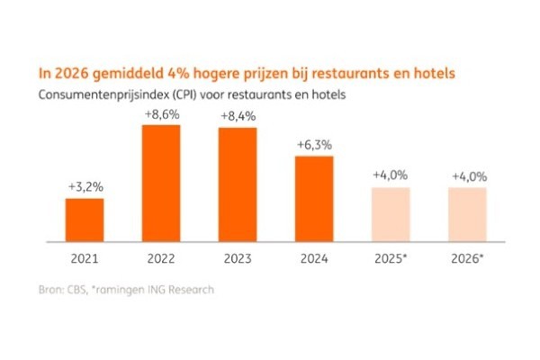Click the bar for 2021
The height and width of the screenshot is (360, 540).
(84, 220)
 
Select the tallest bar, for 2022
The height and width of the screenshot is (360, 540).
(160, 184)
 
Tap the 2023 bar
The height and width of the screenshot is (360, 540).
(238, 185)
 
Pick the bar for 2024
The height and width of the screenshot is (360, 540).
(314, 199)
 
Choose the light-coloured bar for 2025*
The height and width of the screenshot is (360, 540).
(391, 215)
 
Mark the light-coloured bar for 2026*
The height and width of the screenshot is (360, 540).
(468, 215)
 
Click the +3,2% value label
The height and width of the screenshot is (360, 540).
(84, 186)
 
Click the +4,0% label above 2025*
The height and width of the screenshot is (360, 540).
(391, 175)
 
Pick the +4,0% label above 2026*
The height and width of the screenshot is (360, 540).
(468, 175)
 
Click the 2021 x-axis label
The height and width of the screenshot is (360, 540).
(84, 258)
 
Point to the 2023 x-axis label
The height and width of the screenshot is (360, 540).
(238, 258)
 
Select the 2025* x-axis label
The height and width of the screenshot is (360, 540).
(391, 258)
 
